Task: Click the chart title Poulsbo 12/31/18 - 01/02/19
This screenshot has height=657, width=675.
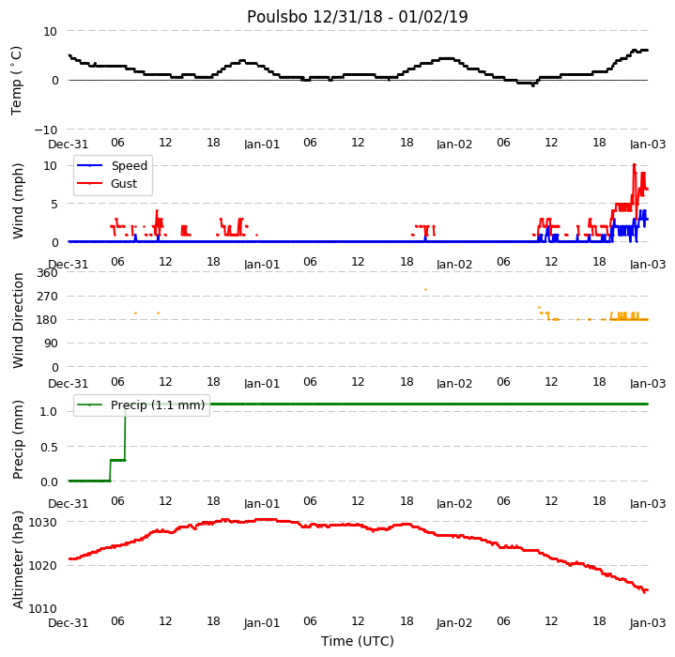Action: [357, 17]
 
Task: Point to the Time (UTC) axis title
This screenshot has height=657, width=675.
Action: [358, 641]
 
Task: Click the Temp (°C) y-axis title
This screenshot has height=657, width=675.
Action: [16, 81]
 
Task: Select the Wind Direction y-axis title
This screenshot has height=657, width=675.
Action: [18, 320]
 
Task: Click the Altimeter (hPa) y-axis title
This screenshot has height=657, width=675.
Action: [18, 559]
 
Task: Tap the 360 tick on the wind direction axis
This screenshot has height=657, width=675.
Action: [47, 273]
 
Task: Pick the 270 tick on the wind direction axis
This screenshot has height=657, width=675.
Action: [47, 297]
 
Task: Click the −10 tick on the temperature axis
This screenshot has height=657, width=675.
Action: [46, 130]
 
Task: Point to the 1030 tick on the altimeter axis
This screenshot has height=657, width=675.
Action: [43, 523]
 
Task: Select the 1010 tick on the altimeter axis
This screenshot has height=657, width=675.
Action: [43, 609]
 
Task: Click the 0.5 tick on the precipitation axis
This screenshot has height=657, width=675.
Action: [49, 448]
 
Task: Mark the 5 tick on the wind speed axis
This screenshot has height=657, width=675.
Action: [54, 205]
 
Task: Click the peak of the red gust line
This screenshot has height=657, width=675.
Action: [634, 165]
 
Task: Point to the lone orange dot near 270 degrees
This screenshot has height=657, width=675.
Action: [426, 290]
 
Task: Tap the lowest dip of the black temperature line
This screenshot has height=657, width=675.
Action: [533, 85]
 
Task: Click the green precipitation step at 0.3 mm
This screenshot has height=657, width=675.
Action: [118, 461]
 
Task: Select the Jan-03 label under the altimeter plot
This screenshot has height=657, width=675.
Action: [648, 622]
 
